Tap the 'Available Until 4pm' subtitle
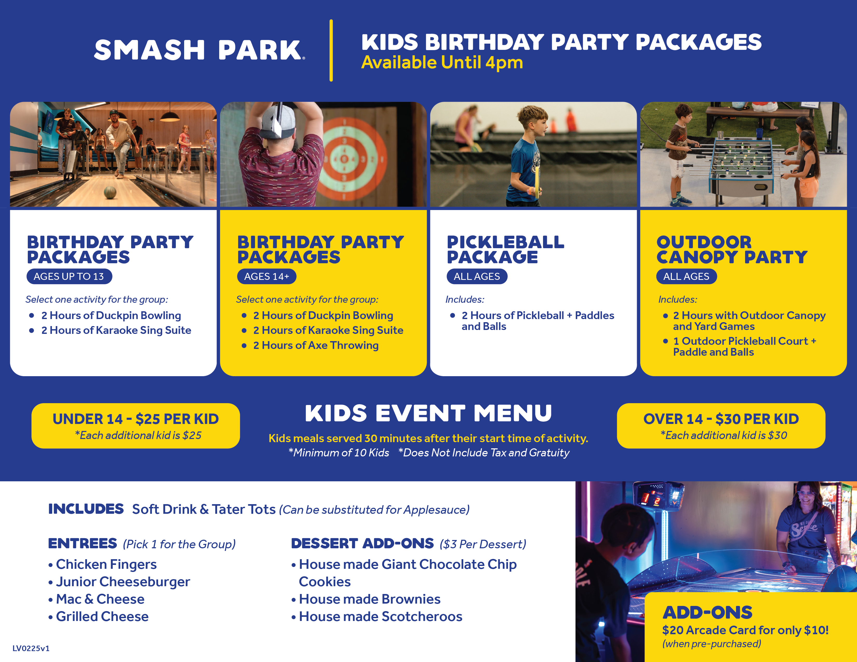pos(442,62)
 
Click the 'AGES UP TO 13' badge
pos(69,276)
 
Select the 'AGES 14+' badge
pos(266,276)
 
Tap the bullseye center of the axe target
pos(344,159)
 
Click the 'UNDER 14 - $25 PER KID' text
pos(136,419)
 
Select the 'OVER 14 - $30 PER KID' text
pos(721,419)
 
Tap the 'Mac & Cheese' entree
pos(100,599)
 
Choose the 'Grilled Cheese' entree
pos(102,617)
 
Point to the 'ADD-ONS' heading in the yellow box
pos(707,613)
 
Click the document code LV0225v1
pos(31,648)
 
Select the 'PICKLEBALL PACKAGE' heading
pos(505,249)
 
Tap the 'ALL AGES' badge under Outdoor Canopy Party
pos(686,276)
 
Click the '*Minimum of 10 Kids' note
pos(339,452)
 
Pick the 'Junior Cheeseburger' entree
pos(123,582)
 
